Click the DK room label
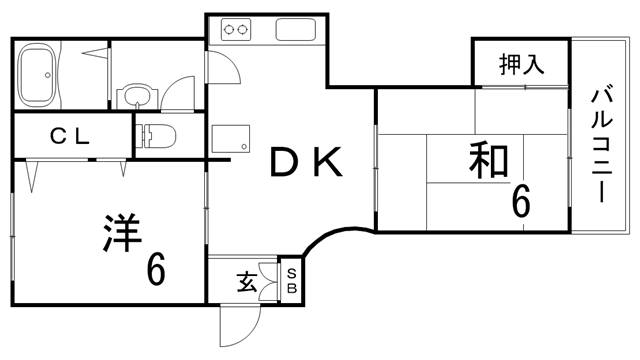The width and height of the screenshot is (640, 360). [305, 162]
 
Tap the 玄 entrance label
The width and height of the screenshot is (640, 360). [246, 282]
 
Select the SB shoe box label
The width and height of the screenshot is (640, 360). [292, 282]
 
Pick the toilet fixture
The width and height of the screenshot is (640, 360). [155, 133]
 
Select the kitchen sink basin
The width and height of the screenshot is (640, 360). [297, 31]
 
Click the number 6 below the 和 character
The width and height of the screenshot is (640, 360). [521, 202]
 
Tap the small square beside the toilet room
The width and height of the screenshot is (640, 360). [221, 136]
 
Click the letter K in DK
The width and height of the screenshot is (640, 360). [330, 162]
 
